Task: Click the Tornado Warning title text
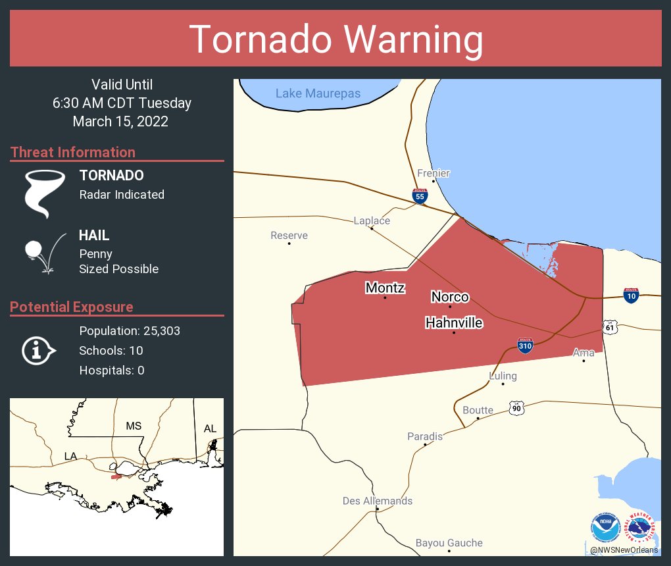point(335,39)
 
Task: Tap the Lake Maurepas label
point(318,93)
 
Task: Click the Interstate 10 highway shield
point(631,296)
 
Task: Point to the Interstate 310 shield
point(524,346)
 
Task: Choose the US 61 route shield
point(610,327)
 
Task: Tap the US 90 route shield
point(516,408)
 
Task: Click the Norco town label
point(450,297)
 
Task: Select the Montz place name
point(385,288)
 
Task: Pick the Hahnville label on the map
point(454,323)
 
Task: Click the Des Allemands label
point(378,501)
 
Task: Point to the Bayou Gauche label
point(449,543)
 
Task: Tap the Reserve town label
point(289,236)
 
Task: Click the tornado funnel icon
point(45,193)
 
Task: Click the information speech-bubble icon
point(38,351)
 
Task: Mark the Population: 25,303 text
point(130,330)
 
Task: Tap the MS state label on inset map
point(134,426)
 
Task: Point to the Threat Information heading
point(73,152)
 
